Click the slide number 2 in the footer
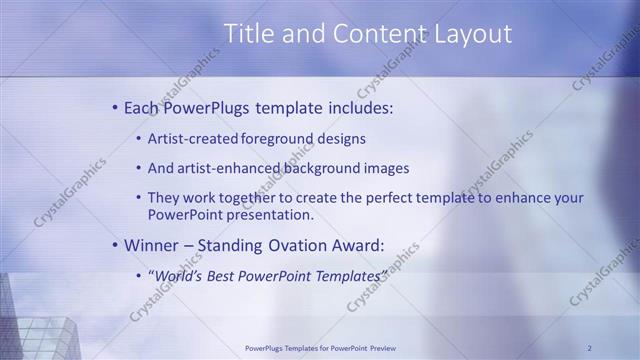click(590, 348)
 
